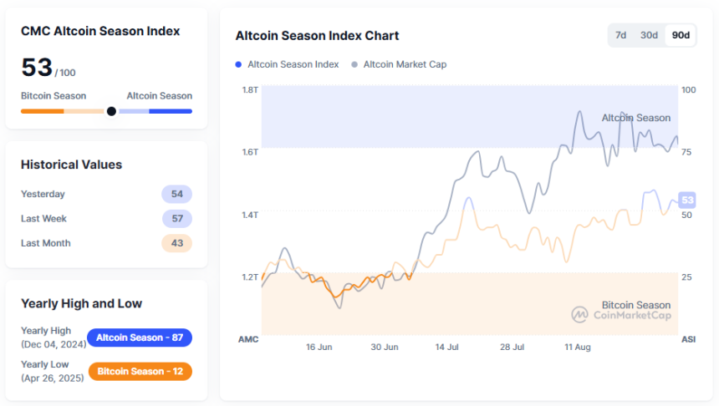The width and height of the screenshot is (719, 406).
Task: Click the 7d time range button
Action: (621, 35)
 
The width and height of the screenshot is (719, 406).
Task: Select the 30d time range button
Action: (649, 35)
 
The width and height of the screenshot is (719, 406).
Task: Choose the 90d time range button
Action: (681, 35)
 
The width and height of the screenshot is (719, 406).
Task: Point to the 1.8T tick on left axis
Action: (249, 89)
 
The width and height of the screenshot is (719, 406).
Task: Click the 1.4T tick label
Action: (249, 215)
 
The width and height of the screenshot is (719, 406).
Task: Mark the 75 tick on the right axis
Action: (687, 152)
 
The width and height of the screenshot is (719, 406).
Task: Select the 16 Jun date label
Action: (319, 346)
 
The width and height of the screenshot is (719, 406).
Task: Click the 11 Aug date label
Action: (578, 346)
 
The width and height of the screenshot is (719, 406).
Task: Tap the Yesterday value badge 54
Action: (176, 194)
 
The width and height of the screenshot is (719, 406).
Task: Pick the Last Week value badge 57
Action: (176, 219)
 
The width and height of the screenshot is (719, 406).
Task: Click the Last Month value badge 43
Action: (176, 243)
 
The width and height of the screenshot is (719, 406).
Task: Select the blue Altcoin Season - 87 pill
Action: (140, 337)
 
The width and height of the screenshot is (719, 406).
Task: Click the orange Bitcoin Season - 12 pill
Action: (140, 371)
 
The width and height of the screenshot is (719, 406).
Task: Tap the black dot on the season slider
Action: (111, 111)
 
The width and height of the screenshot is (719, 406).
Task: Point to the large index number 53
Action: (37, 68)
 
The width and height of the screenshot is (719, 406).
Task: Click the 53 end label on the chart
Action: (688, 200)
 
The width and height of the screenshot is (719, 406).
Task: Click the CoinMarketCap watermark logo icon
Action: (580, 315)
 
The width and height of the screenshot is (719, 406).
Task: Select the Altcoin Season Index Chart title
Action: (317, 36)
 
